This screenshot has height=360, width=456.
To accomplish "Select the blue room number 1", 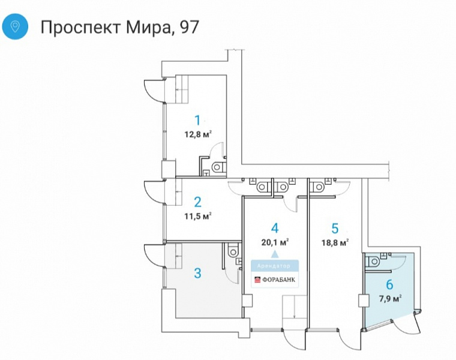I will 197,119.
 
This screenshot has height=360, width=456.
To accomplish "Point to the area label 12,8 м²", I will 197,134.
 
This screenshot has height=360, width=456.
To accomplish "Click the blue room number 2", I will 197,202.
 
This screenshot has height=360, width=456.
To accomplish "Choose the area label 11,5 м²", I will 197,216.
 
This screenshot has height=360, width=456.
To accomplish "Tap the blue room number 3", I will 197,273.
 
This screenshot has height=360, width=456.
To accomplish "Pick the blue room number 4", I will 275,228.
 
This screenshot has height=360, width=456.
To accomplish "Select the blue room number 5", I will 335,228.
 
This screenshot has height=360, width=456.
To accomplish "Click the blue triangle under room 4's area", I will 275,254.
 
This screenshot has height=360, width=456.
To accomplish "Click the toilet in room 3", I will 233,250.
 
